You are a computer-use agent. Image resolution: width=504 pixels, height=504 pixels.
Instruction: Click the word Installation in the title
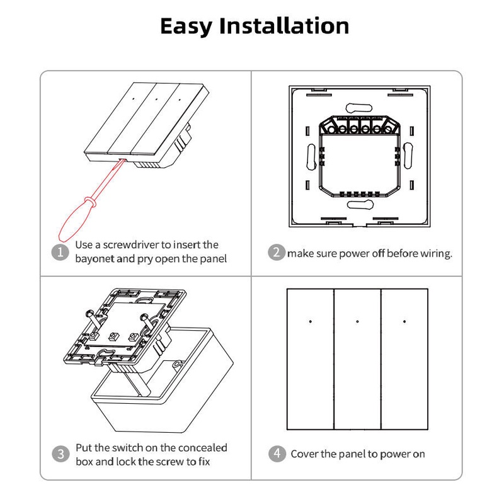click(x=291, y=26)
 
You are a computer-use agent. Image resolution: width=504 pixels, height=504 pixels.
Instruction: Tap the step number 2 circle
click(x=276, y=253)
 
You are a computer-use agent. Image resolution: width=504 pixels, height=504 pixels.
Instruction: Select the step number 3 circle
click(x=60, y=454)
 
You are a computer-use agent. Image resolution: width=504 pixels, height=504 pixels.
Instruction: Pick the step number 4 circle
click(x=276, y=454)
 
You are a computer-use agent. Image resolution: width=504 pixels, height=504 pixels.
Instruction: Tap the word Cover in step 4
click(x=304, y=454)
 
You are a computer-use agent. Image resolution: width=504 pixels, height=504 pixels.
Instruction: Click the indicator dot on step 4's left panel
click(x=311, y=321)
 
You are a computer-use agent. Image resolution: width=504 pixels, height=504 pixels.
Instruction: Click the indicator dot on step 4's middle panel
click(x=357, y=321)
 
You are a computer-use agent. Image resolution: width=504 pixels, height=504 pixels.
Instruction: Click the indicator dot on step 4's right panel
click(x=404, y=321)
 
